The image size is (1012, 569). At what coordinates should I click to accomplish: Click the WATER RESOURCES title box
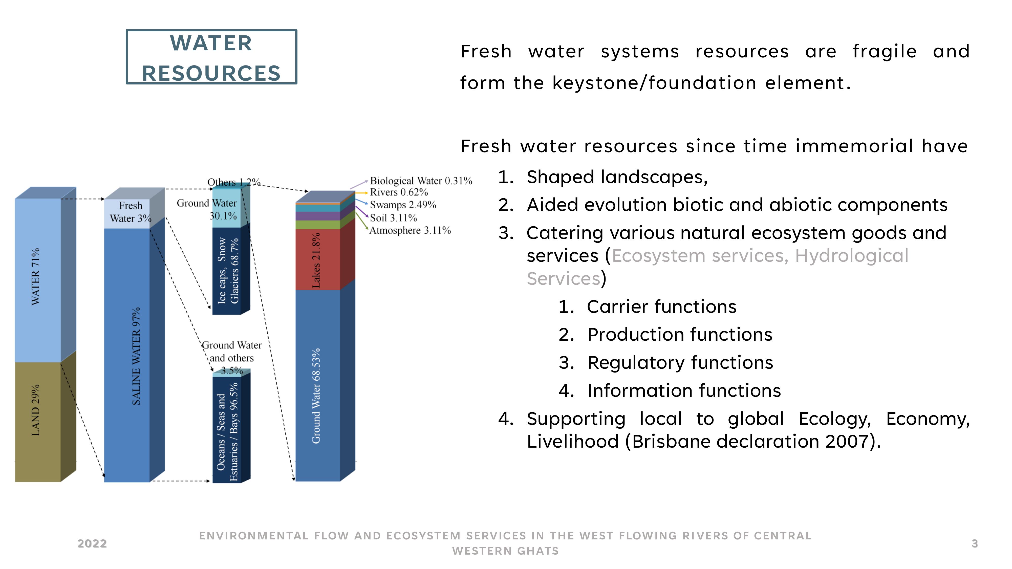pos(211,57)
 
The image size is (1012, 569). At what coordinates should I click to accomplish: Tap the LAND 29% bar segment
pos(38,422)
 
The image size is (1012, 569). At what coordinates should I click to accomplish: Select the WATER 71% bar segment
pos(38,280)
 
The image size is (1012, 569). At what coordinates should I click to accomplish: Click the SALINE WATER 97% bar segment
pos(127,355)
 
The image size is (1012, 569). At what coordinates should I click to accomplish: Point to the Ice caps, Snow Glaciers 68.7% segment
pos(227,271)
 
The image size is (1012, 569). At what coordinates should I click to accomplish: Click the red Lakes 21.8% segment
pos(317,259)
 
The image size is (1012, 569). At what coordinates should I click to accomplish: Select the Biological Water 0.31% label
pos(421,181)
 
